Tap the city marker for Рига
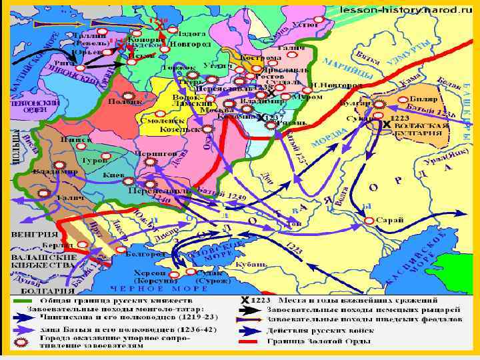tap(81, 67)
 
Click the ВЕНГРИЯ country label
tap(32, 235)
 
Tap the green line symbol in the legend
tap(20, 299)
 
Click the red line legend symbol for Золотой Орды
tap(249, 341)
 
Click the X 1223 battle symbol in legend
tap(254, 299)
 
